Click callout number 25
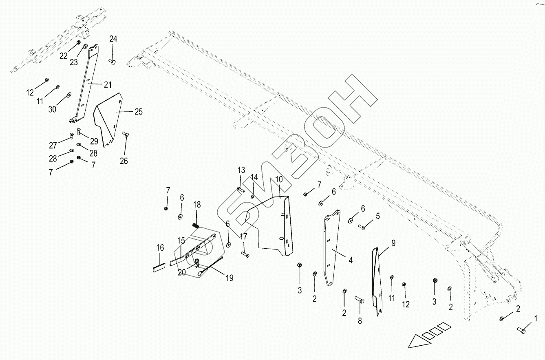point(139,112)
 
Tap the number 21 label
point(107,85)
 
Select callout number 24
point(113,39)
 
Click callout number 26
point(124,161)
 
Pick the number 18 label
point(197,205)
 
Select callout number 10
point(278,179)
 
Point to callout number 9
point(393,243)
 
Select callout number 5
point(377,216)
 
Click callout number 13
point(241,170)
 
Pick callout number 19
point(229,278)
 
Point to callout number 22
point(63,56)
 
